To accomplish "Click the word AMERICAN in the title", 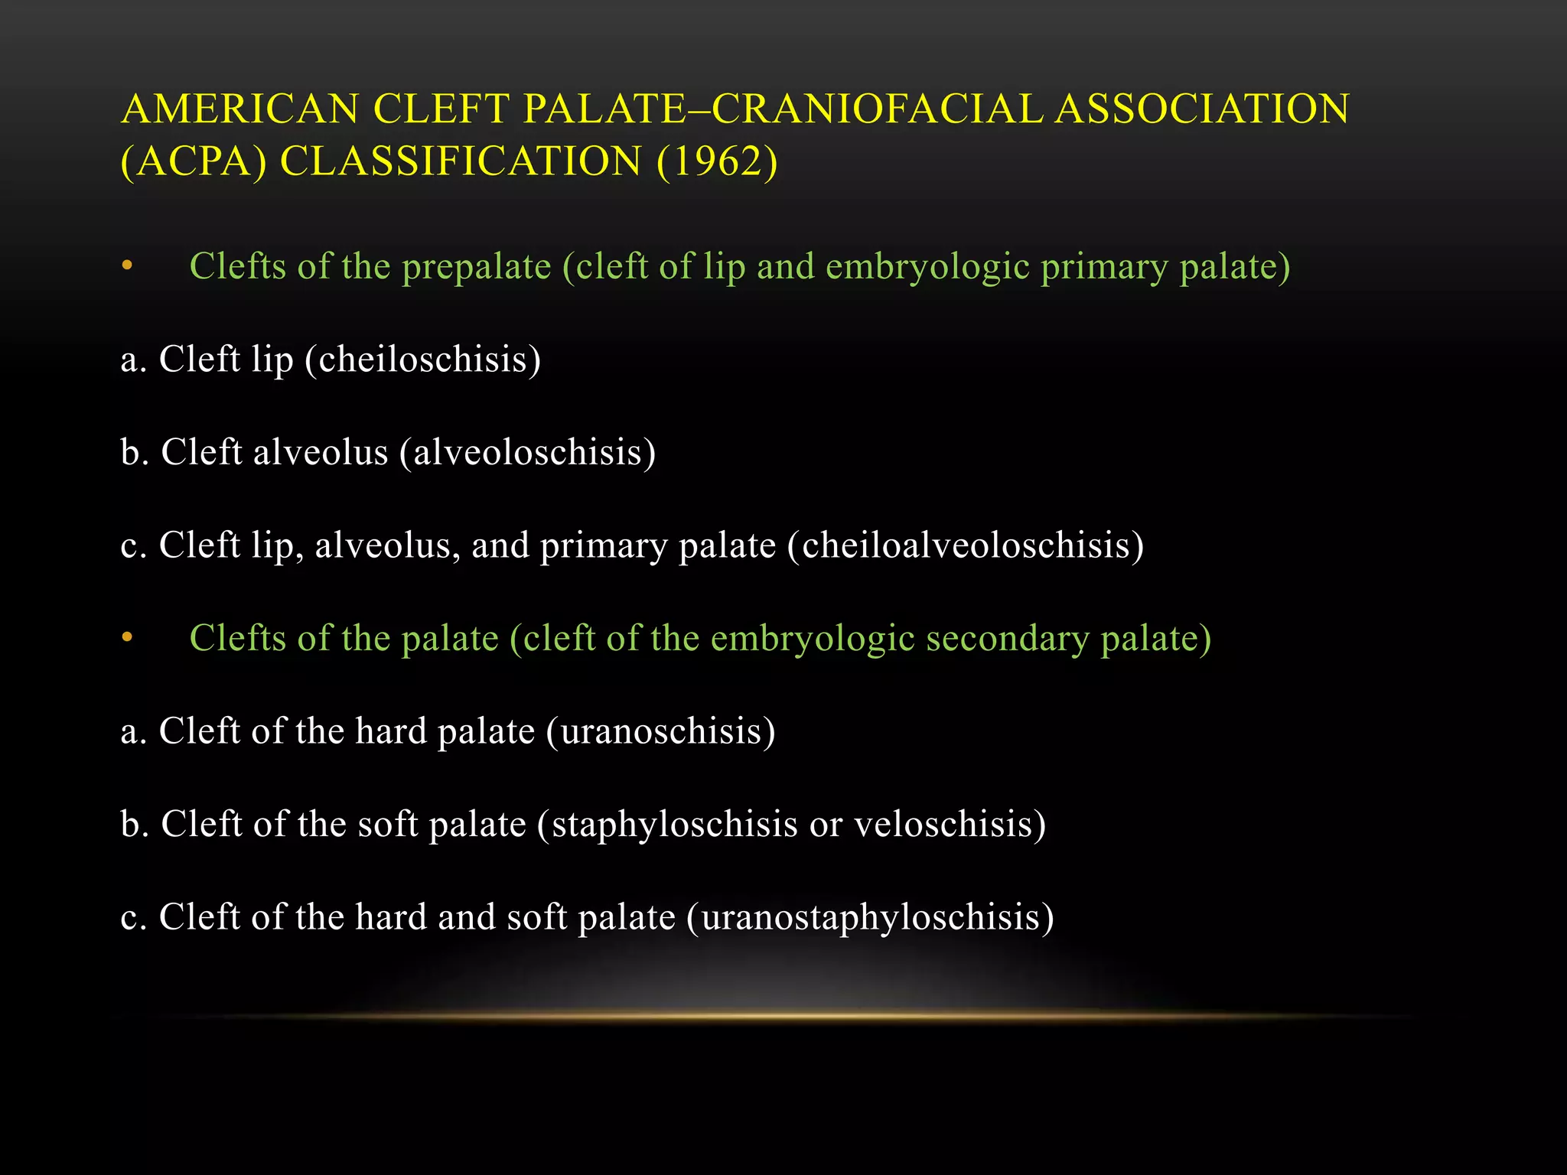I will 239,109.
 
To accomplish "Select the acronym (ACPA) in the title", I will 194,161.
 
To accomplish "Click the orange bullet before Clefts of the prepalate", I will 127,267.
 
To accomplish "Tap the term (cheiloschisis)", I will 422,360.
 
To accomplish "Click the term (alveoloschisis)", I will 527,452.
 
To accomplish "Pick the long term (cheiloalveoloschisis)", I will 966,545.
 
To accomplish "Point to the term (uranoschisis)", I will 661,731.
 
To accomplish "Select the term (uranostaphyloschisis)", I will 870,917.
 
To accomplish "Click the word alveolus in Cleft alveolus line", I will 321,452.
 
